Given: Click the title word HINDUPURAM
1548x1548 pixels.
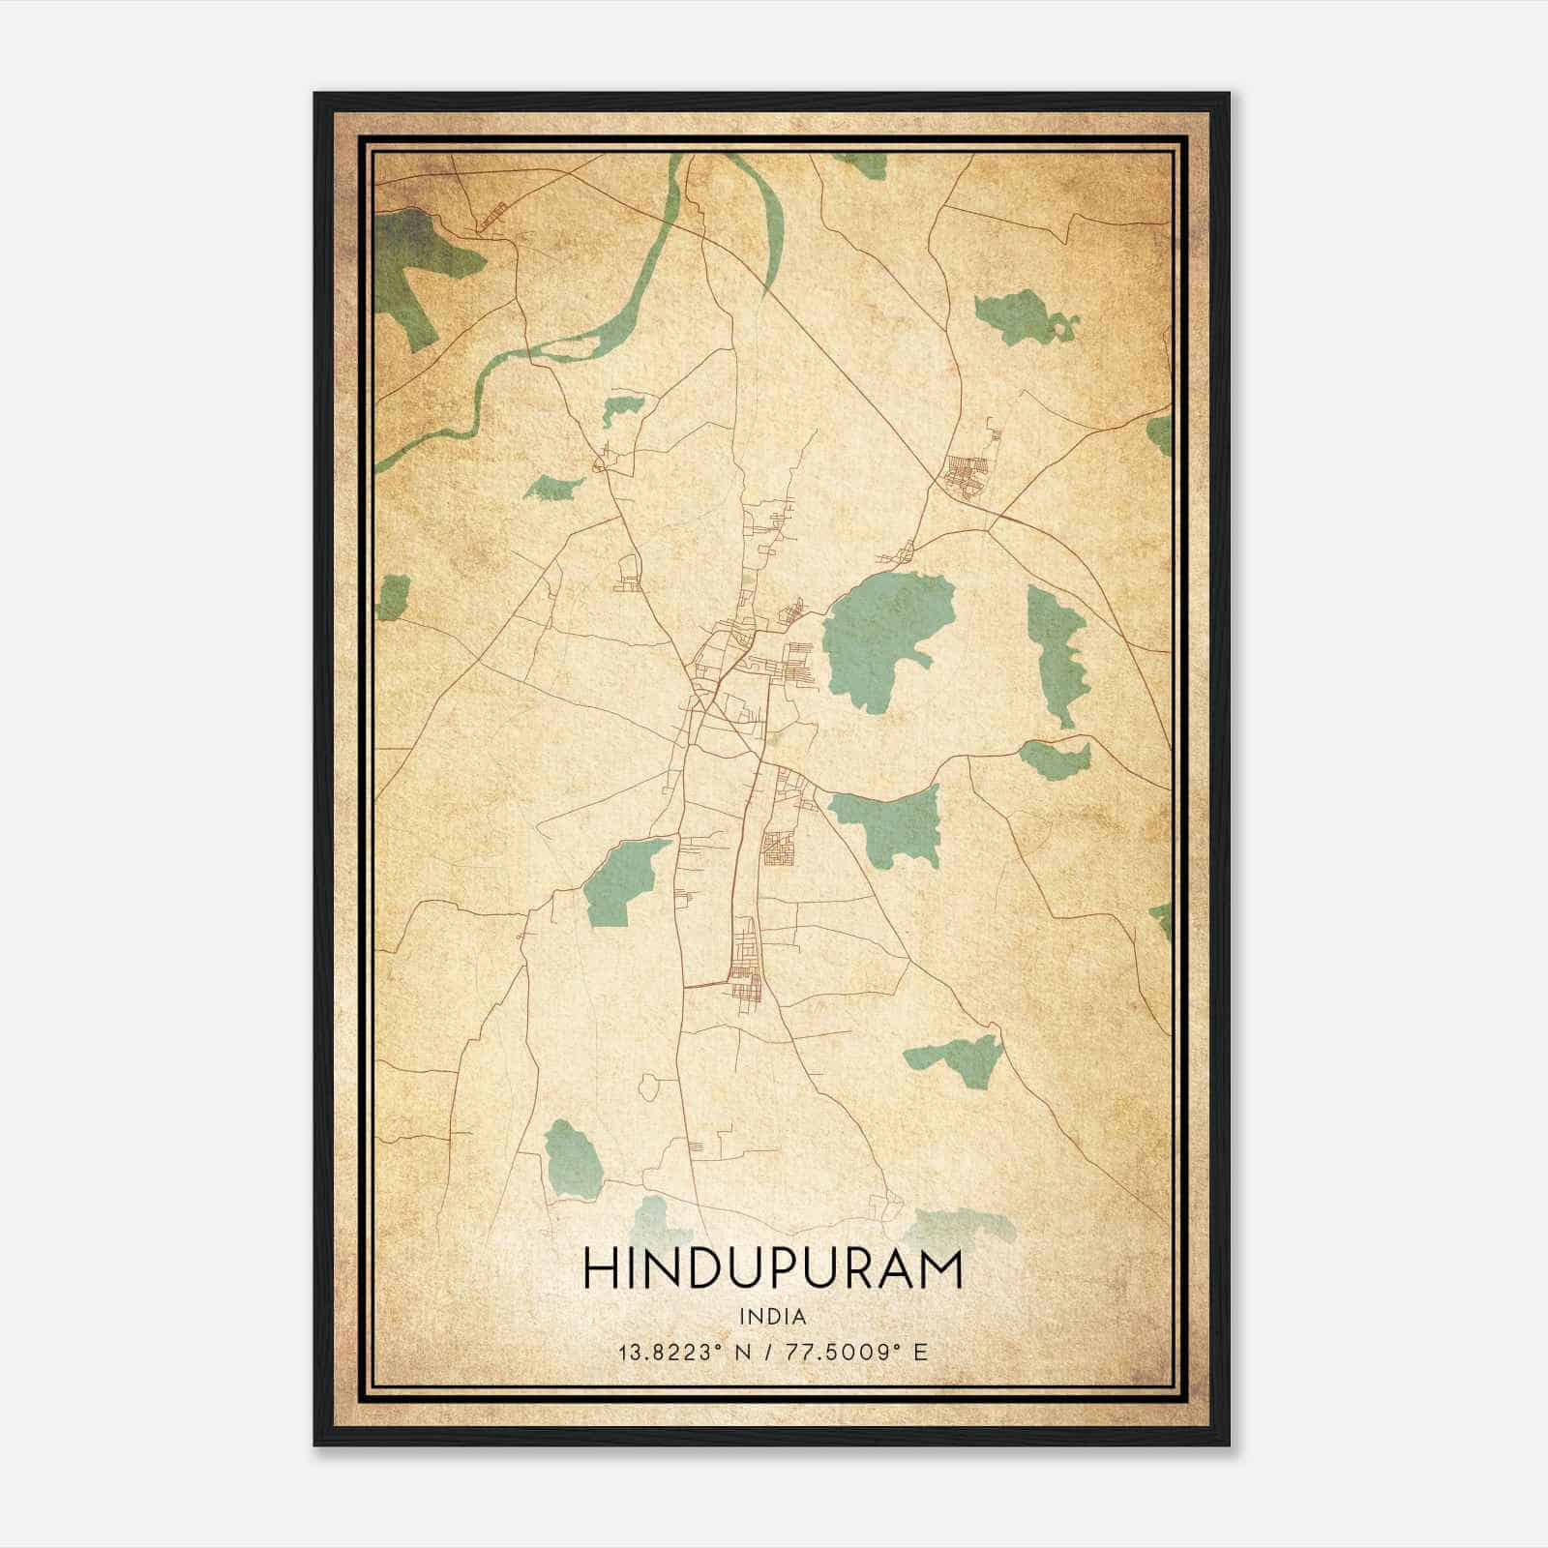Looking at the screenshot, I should [x=773, y=1270].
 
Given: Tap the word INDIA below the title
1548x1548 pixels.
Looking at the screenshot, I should [x=772, y=1317].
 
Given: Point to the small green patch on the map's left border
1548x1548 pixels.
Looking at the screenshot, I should [x=393, y=597].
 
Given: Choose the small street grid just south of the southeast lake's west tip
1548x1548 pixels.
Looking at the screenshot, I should [x=780, y=848].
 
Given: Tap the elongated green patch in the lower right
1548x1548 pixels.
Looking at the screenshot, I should [x=953, y=1055].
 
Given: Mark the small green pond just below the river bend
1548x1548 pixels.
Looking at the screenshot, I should [x=616, y=410].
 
